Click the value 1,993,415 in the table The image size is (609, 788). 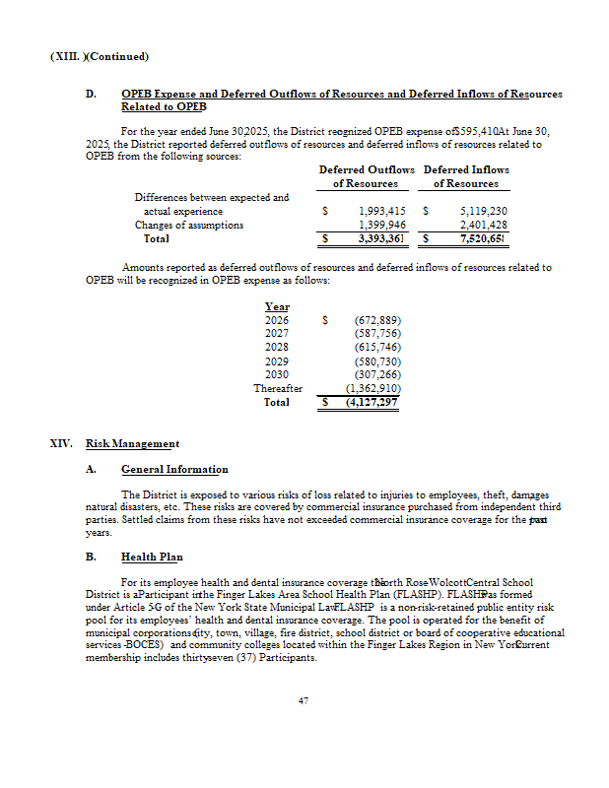tap(382, 211)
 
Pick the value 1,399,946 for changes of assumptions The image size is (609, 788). tap(382, 225)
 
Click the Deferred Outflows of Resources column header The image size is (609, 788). tap(366, 176)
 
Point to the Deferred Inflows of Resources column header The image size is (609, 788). tap(466, 176)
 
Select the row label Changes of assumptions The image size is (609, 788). tap(188, 225)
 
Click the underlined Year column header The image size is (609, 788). tap(277, 306)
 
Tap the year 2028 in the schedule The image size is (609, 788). tap(277, 348)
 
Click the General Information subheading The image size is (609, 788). tap(173, 469)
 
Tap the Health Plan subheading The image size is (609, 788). tap(152, 558)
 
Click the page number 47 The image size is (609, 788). tap(304, 701)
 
